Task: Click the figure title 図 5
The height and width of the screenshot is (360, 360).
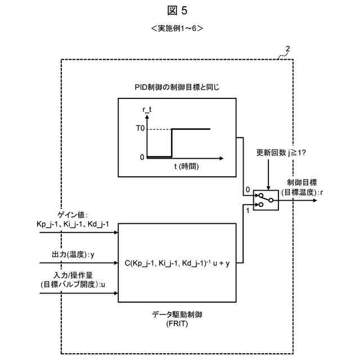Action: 177,11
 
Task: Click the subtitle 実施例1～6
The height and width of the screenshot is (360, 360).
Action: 177,28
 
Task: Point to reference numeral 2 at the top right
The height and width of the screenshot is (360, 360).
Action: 287,49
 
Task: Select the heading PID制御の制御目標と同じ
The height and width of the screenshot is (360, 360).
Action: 177,87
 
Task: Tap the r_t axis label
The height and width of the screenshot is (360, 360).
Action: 147,110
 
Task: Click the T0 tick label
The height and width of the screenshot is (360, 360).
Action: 140,128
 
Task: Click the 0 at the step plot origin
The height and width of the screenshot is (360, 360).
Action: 142,157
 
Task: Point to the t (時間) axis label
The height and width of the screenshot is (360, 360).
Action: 186,166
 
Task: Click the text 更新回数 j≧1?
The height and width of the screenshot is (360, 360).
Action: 281,152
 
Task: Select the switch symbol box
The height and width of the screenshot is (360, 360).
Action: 266,200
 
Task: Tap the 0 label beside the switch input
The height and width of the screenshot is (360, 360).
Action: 247,190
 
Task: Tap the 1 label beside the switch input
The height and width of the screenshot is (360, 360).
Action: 247,210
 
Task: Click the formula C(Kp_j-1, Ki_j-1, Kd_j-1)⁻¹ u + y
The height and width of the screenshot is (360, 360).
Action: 177,263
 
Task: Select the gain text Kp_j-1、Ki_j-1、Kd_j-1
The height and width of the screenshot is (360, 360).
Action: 73,224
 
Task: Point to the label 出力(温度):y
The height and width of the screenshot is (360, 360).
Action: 73,254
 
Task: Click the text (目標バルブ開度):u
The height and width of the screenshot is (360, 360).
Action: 73,285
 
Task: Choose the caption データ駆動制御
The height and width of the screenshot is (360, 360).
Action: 177,314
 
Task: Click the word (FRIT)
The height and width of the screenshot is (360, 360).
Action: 177,324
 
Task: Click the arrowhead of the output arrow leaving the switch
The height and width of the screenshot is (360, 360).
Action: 315,200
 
